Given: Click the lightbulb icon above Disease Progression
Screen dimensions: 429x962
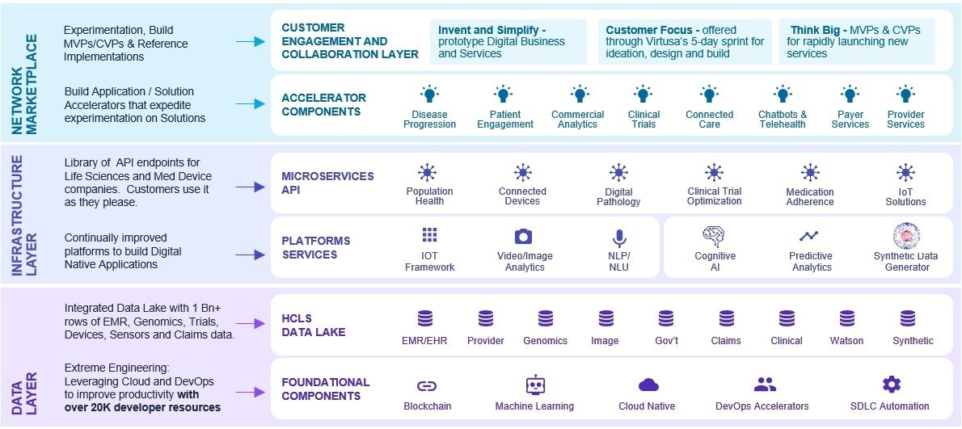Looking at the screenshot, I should coord(429,95).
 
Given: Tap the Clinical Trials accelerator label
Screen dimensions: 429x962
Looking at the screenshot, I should coord(643,120).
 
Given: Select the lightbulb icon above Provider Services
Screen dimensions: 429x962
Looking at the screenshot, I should coord(905,95).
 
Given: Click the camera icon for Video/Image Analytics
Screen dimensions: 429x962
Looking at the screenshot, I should coord(523,237).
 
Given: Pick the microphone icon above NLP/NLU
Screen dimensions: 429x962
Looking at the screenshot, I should coord(618,238).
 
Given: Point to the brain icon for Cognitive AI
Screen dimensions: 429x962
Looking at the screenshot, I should coord(714,235).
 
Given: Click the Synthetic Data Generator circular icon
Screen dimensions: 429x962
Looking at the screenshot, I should coord(906,236).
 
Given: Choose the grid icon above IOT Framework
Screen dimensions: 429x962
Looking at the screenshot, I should coord(429,235).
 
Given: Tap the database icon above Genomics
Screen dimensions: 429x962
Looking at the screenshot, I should coord(545,318).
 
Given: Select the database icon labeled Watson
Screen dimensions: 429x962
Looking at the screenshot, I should coord(846,318).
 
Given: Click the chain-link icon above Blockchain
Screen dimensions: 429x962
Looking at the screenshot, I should coord(426,386).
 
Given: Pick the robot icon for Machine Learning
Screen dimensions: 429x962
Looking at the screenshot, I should coord(534,385).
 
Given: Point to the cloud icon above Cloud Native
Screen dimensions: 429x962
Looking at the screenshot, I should coord(648,385).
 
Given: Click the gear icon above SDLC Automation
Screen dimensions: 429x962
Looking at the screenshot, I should coord(891,385).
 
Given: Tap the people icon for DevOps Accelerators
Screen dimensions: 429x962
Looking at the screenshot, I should coord(764,385).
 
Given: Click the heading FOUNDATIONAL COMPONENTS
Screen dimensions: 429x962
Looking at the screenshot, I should coord(325,389).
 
